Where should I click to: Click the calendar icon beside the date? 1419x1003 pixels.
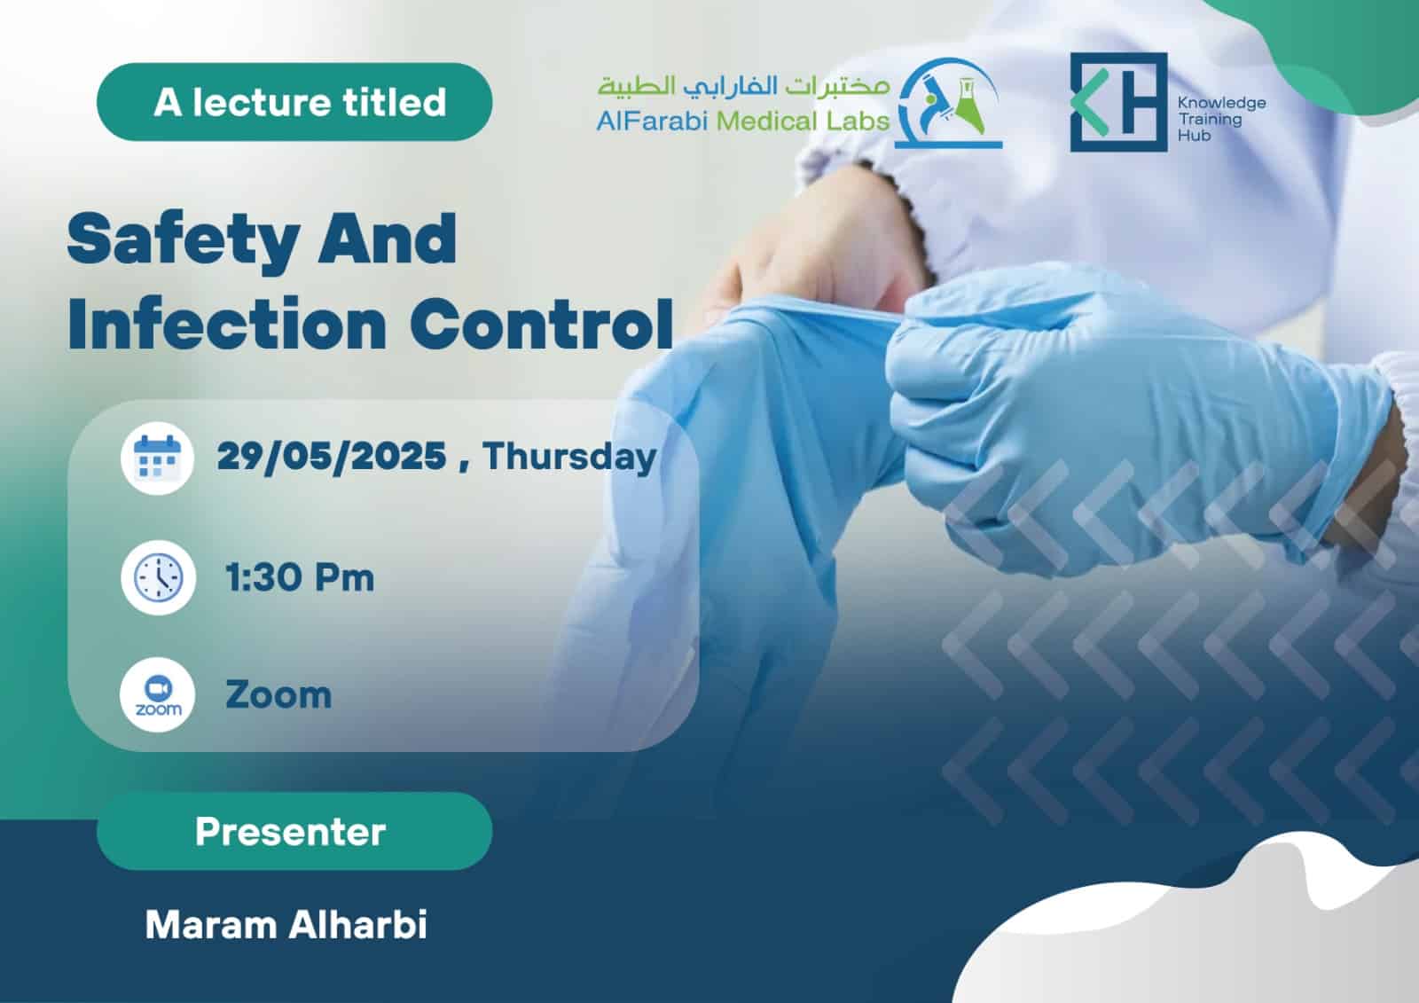click(x=157, y=458)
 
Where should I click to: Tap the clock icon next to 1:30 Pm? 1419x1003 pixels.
click(x=159, y=578)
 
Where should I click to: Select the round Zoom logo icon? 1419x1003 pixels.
click(x=158, y=695)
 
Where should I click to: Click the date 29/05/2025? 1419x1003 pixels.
click(x=332, y=456)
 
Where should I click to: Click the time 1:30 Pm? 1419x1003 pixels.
click(x=300, y=578)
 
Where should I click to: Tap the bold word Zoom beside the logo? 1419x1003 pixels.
click(x=278, y=695)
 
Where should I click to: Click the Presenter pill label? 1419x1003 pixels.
click(x=294, y=831)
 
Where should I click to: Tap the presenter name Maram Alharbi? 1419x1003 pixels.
click(x=286, y=925)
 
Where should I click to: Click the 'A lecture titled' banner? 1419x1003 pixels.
click(x=294, y=101)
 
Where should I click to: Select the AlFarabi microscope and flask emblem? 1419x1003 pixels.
click(x=948, y=103)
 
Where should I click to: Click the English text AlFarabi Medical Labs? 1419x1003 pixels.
click(x=742, y=121)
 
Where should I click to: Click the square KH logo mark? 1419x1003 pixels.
click(x=1118, y=102)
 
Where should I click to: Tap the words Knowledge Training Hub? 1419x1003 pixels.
click(x=1221, y=119)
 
